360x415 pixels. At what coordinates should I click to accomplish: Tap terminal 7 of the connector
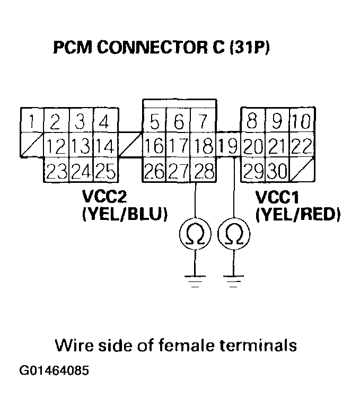[204, 123]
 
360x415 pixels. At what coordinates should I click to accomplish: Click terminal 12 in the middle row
[56, 145]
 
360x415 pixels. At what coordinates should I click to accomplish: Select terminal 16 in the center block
[154, 146]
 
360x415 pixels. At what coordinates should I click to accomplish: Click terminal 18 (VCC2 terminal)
[204, 146]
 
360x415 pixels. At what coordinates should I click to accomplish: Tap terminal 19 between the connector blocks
[229, 146]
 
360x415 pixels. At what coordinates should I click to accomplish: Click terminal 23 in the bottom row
[56, 171]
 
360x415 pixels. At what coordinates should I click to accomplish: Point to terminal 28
[204, 171]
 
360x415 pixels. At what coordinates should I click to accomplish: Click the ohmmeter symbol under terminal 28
[196, 235]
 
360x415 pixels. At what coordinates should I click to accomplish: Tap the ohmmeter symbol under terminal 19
[234, 235]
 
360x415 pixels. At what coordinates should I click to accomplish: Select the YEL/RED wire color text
[297, 215]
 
